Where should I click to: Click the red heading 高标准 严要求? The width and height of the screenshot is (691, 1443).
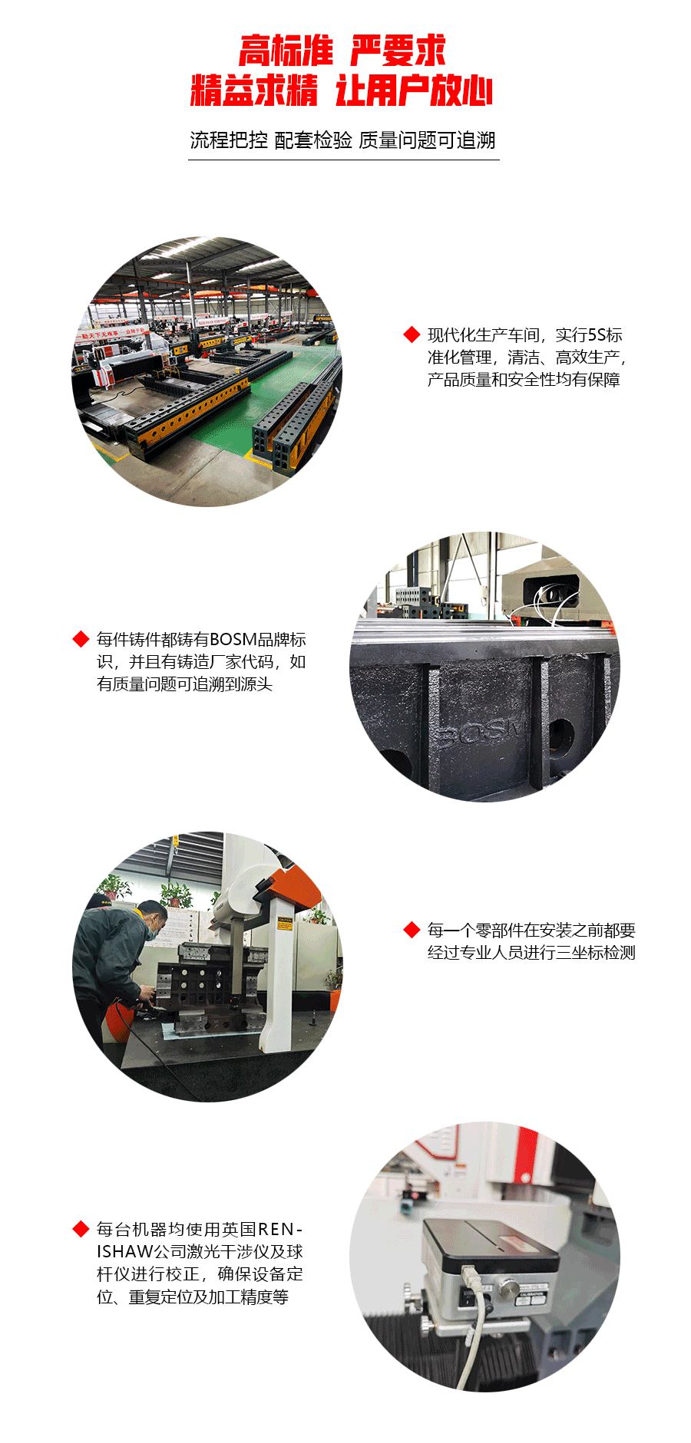[342, 51]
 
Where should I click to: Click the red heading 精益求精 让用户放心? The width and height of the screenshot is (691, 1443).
[342, 91]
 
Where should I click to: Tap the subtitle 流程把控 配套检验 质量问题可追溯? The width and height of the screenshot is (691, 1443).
[343, 140]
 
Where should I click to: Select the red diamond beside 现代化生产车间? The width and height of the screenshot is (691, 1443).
[412, 334]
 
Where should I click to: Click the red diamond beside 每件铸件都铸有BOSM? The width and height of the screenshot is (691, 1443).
[81, 639]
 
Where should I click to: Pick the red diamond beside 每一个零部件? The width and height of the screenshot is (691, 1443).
[412, 930]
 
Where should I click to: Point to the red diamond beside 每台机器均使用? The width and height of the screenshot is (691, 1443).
[81, 1229]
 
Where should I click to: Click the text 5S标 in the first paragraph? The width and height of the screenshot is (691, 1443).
[604, 334]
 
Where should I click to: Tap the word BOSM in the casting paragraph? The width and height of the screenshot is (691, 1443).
[233, 639]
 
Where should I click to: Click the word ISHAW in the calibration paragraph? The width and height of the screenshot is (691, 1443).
[125, 1252]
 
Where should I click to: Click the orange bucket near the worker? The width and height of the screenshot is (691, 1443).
[119, 1020]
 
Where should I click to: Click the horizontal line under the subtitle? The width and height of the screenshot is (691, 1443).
[344, 160]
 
